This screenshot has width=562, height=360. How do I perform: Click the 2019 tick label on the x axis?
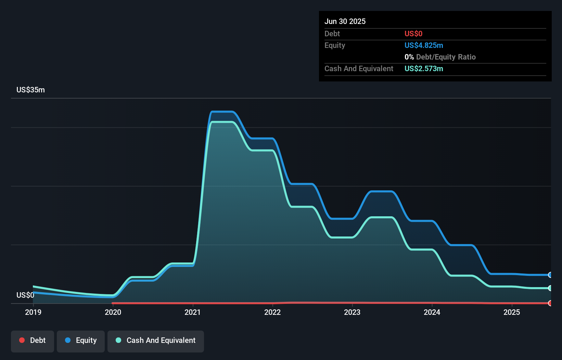(x=33, y=312)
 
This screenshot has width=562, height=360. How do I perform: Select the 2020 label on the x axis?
(x=113, y=312)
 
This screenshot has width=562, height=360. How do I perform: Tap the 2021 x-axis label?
(x=193, y=312)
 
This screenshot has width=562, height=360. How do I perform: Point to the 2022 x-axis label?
(x=272, y=312)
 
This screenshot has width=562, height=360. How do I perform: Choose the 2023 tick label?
(x=352, y=312)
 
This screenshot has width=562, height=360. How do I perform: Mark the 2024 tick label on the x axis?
(x=432, y=312)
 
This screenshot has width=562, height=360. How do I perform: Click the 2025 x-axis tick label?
(x=512, y=312)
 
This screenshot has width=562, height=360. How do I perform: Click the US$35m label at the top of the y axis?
(x=30, y=90)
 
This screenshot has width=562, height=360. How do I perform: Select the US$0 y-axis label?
(x=25, y=295)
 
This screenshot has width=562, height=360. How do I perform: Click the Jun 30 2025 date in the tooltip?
(x=345, y=21)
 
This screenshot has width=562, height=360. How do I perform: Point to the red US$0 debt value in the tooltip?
(x=413, y=34)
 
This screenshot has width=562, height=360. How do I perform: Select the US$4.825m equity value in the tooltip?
(x=424, y=45)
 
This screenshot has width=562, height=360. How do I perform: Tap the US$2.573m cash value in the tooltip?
(x=424, y=68)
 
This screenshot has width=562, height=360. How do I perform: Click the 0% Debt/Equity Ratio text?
(x=440, y=57)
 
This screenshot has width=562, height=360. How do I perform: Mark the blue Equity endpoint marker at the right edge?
(x=550, y=275)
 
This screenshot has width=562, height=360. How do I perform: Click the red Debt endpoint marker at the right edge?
(x=550, y=303)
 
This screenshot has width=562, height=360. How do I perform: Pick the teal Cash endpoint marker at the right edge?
(x=550, y=288)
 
